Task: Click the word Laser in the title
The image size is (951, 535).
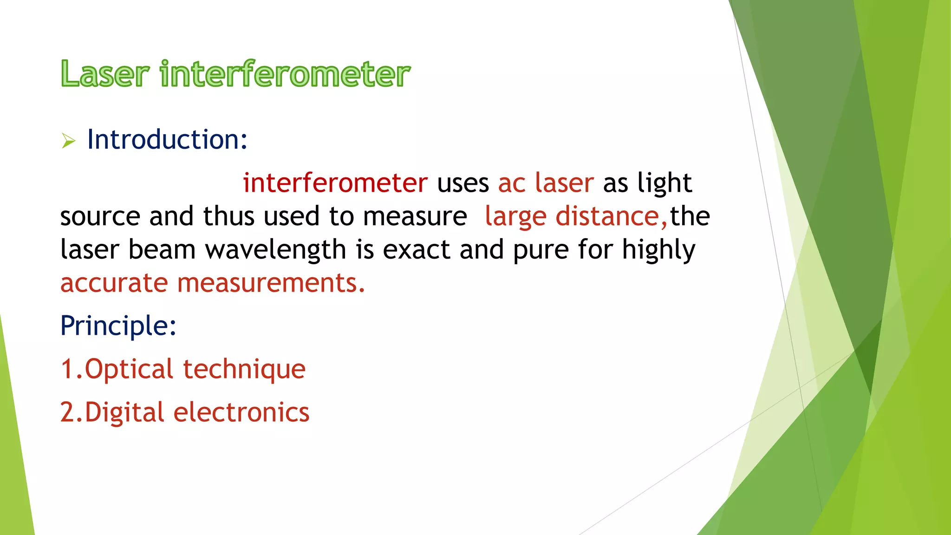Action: (x=105, y=74)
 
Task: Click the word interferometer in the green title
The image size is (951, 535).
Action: (x=285, y=74)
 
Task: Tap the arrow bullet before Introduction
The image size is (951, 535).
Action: (x=68, y=141)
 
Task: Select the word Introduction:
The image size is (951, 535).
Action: (x=167, y=139)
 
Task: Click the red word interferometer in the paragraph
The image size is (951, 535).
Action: (x=335, y=183)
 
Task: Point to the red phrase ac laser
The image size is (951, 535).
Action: (x=546, y=183)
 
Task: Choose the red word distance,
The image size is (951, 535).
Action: (x=611, y=216)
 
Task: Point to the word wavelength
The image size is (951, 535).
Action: (x=276, y=250)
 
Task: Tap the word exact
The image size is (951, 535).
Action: (x=416, y=250)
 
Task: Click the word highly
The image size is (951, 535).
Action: (x=658, y=250)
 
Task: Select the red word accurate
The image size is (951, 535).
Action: (x=114, y=283)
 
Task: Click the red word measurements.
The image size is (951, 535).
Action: (x=271, y=283)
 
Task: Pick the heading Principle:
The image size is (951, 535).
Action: (x=118, y=326)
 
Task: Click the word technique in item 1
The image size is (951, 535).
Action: (x=244, y=369)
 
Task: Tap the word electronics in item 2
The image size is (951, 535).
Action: (x=241, y=412)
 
